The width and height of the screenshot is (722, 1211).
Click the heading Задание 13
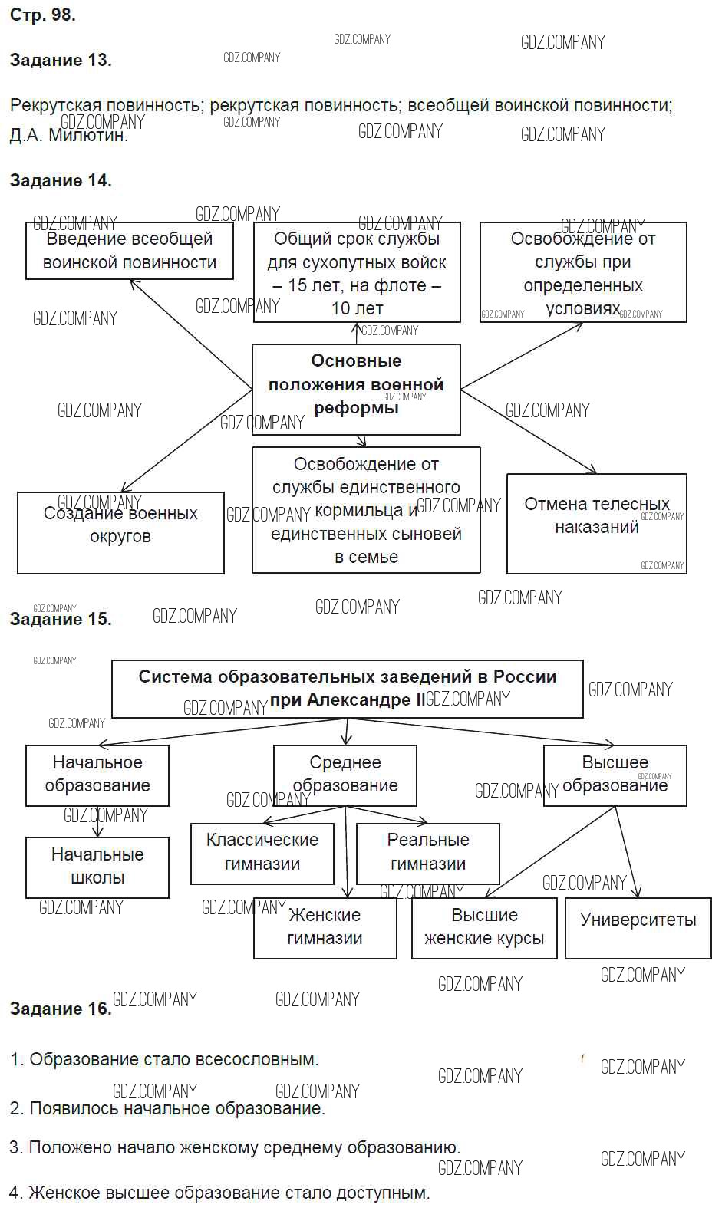pyautogui.click(x=61, y=61)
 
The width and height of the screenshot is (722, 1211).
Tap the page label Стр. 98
pyautogui.click(x=42, y=15)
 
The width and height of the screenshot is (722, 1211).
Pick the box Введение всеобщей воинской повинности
pyautogui.click(x=130, y=251)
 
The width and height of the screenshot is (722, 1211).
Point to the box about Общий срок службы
pyautogui.click(x=357, y=273)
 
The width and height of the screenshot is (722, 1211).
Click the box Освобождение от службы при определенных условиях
pyautogui.click(x=583, y=273)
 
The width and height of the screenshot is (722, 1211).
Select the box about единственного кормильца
pyautogui.click(x=366, y=510)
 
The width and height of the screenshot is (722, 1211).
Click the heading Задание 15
pyautogui.click(x=61, y=619)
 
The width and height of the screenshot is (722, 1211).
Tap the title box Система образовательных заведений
pyautogui.click(x=347, y=689)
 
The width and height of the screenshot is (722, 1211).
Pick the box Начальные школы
pyautogui.click(x=97, y=867)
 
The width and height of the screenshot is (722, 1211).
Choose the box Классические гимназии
pyautogui.click(x=262, y=852)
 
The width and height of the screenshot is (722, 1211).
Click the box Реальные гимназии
pyautogui.click(x=427, y=852)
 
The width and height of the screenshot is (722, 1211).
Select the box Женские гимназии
pyautogui.click(x=325, y=927)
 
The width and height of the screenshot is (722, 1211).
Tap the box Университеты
pyautogui.click(x=638, y=920)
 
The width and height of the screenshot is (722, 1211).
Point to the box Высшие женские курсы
pyautogui.click(x=484, y=927)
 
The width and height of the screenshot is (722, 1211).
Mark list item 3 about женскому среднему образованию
pyautogui.click(x=236, y=1148)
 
